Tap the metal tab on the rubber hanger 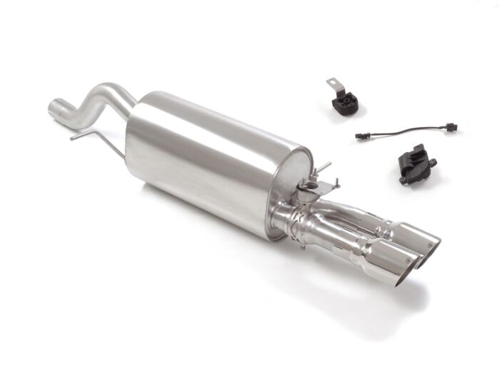click(x=334, y=85)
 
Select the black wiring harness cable click(x=406, y=132)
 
